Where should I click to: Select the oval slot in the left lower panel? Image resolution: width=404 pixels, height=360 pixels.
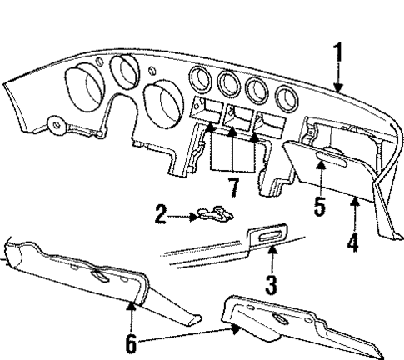98,277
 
